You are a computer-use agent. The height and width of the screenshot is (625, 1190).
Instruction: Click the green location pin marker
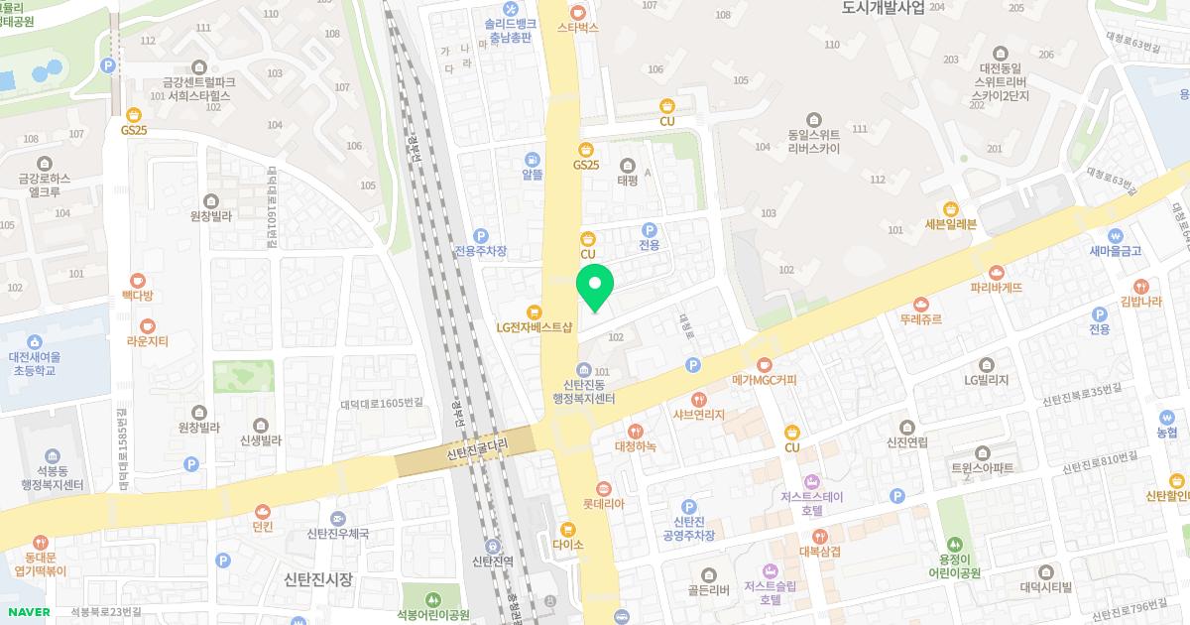[595, 286]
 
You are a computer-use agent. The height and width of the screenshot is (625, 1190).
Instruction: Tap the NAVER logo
[26, 612]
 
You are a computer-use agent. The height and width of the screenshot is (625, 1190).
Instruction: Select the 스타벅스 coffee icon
[578, 10]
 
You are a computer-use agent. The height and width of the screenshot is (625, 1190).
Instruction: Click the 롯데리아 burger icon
[603, 488]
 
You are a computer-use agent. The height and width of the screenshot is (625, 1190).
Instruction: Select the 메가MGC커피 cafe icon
[764, 364]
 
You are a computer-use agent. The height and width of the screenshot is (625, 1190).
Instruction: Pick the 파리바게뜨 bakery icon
[997, 272]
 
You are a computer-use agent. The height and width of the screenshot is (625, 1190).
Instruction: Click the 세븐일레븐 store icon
[951, 208]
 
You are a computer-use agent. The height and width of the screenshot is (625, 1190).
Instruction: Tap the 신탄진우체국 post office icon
[338, 519]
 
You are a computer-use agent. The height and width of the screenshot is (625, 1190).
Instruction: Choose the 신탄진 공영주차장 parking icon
[688, 507]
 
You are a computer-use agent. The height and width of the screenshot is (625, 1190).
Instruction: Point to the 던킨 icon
[262, 511]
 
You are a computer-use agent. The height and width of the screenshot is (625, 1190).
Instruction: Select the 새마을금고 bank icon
[1116, 236]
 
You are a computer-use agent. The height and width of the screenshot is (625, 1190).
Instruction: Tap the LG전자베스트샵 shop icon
[535, 311]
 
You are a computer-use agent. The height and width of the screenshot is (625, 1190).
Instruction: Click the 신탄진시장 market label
[317, 579]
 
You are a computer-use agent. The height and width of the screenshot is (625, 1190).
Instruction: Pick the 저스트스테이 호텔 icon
[811, 481]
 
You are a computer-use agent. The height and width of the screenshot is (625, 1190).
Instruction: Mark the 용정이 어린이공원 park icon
[953, 544]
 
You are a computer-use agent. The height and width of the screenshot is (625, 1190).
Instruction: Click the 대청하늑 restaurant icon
[635, 431]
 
